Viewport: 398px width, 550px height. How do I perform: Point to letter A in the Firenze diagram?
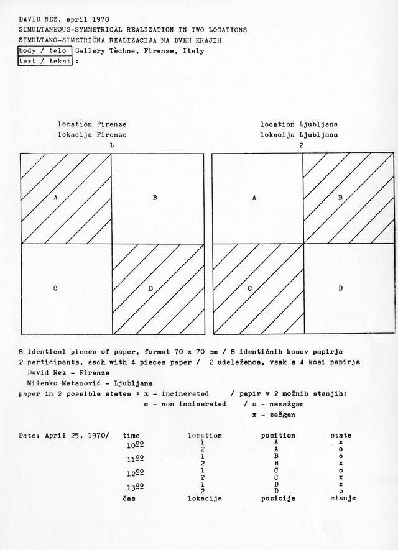click(x=56, y=198)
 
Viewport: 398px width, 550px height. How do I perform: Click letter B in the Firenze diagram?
click(x=155, y=198)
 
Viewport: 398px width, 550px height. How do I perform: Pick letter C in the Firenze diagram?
click(x=56, y=288)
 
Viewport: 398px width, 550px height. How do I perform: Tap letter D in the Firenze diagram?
click(x=151, y=288)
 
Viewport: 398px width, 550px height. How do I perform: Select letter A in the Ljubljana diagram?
click(x=254, y=198)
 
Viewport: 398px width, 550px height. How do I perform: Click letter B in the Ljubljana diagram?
click(x=340, y=198)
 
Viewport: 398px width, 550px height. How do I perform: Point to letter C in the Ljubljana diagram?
click(x=249, y=288)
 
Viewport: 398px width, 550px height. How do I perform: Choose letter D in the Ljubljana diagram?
click(x=340, y=288)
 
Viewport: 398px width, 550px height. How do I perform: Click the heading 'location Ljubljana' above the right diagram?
click(x=299, y=124)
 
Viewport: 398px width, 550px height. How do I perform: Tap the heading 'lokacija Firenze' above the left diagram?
click(x=92, y=134)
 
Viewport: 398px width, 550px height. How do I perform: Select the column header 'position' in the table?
click(x=278, y=436)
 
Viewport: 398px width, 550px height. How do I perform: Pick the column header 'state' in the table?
click(x=341, y=436)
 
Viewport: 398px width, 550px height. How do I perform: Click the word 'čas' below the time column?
click(x=129, y=498)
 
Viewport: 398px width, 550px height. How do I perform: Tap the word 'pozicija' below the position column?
click(x=278, y=498)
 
